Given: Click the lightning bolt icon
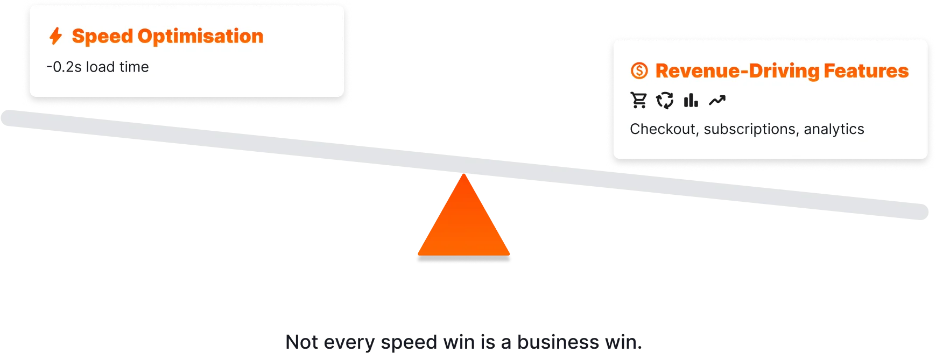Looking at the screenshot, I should pos(55,36).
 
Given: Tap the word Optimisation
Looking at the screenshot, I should pos(200,37).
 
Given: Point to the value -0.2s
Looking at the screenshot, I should pos(64,67).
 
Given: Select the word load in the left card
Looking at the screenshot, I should pos(101,67).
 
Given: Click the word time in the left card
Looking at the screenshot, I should pos(134,67).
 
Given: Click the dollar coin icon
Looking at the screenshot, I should pos(639,71).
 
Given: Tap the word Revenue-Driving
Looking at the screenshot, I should pos(737,71).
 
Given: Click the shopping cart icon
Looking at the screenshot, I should pos(639,101).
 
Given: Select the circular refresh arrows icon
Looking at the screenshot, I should pos(665,101).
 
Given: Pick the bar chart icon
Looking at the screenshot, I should pos(691,101).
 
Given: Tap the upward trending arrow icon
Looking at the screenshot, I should pos(717,101).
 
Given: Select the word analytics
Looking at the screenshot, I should pos(834,130).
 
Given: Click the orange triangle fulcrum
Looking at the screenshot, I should pos(463,226).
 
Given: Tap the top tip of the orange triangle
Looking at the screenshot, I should pos(463,175).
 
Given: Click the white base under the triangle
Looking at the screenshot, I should pos(463,260).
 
